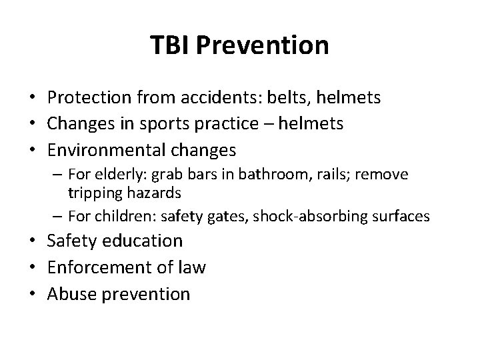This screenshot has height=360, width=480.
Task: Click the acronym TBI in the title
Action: pyautogui.click(x=170, y=46)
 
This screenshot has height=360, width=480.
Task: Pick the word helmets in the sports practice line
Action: pyautogui.click(x=309, y=123)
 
